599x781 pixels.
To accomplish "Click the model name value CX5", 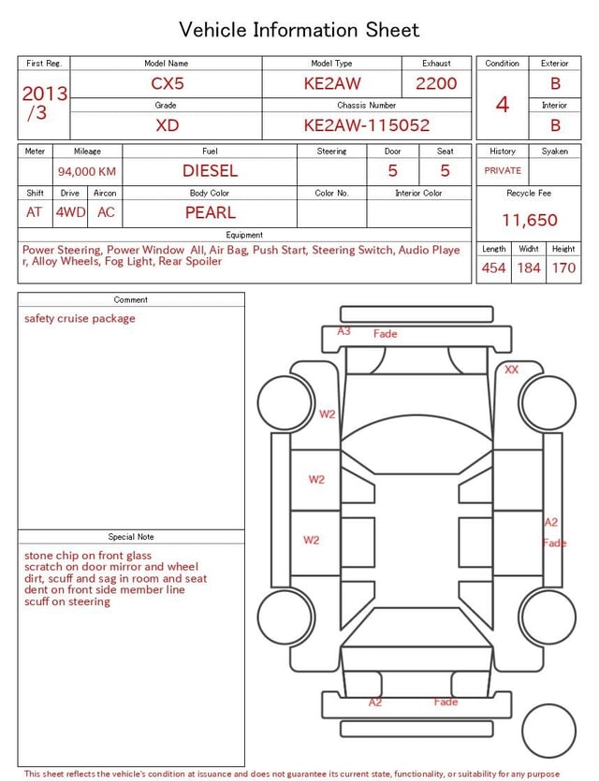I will (168, 84).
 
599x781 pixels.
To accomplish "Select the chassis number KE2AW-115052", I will (366, 125).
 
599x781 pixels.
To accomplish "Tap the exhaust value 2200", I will (436, 84).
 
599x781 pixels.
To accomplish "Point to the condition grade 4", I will (503, 104).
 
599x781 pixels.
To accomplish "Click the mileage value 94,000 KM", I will (87, 171).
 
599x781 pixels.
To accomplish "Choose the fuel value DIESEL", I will (210, 171).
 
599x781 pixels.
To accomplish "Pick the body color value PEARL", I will (210, 212).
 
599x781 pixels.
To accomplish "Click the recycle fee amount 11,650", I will (529, 220).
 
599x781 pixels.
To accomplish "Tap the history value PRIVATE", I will (503, 171).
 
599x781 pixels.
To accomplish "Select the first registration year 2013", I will (44, 94).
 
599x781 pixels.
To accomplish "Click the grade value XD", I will (168, 125).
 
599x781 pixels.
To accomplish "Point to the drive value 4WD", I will (70, 212).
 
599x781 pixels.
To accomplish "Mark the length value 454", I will (493, 268).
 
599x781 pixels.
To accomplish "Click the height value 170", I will (563, 268).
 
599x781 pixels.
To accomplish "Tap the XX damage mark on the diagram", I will (511, 369).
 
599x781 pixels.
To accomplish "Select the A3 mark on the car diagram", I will (343, 331).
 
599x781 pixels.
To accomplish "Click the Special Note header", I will (131, 537).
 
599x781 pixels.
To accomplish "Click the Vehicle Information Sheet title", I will (299, 30).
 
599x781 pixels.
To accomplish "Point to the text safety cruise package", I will (80, 319).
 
